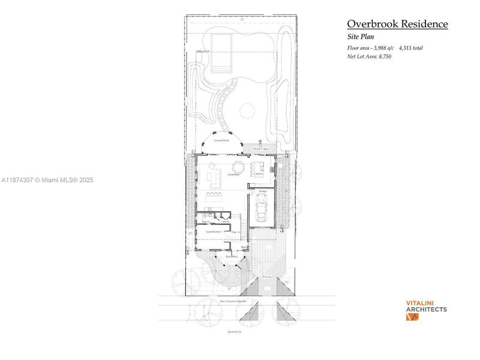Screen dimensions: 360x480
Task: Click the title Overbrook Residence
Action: point(397,24)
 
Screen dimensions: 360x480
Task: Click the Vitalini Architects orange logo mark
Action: point(413,317)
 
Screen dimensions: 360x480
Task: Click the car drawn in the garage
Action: point(262,208)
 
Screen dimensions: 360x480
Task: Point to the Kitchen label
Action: point(260,175)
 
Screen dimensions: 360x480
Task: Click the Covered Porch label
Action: point(221,140)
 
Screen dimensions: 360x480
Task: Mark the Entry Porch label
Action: point(231,256)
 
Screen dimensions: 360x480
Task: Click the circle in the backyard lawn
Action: point(247,111)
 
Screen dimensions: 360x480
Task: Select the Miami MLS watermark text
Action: point(48,179)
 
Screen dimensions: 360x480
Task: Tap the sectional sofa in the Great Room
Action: point(214,177)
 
